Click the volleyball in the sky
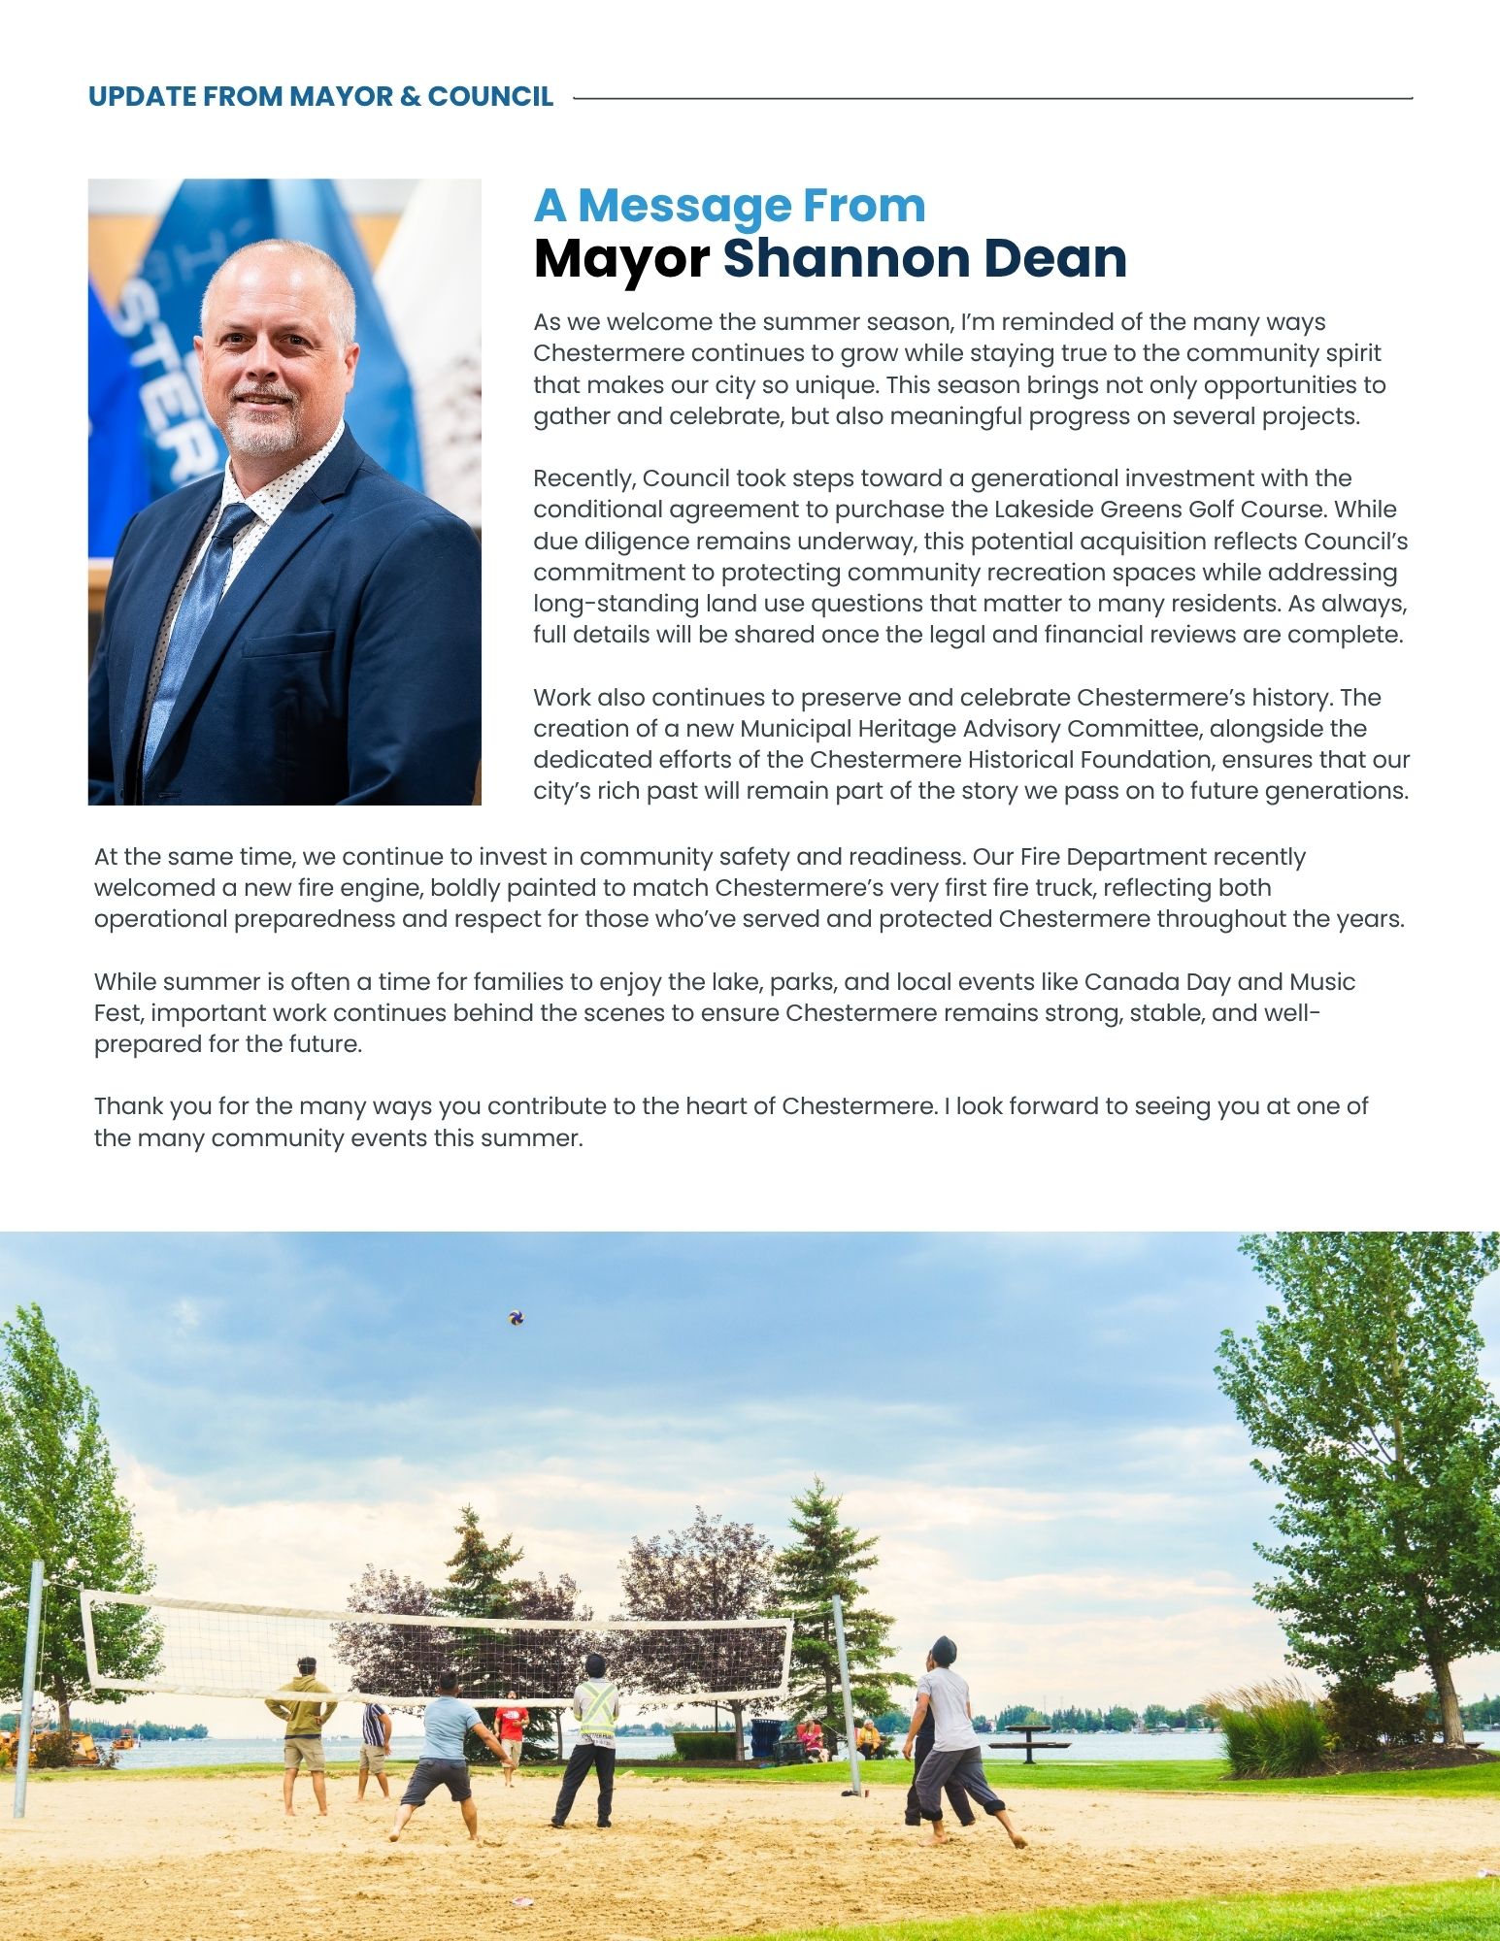point(517,1318)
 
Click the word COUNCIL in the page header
point(490,97)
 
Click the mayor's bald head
point(277,277)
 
